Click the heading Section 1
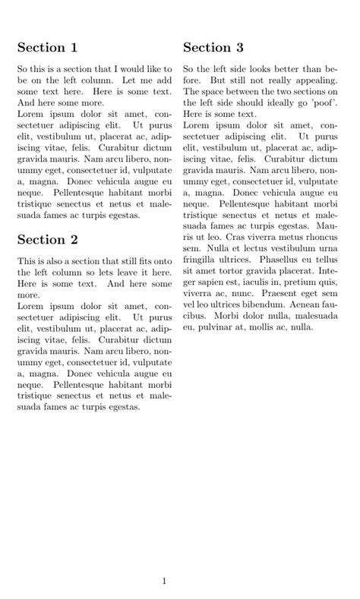tap(47, 48)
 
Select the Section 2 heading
tap(47, 240)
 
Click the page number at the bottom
tap(164, 582)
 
